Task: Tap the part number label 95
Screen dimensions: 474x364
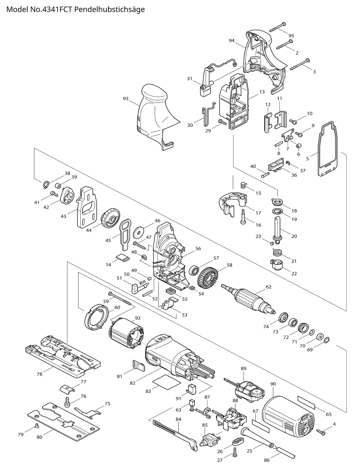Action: pos(291,36)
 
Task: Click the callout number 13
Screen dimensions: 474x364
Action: pos(262,92)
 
